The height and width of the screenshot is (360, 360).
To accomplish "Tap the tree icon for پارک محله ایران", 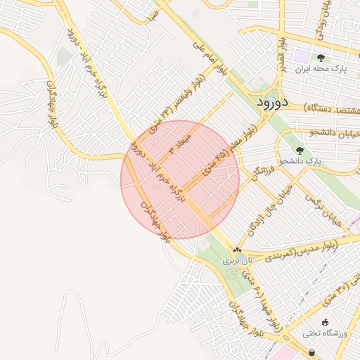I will tap(321, 58).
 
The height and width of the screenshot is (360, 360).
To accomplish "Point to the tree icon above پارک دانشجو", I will tap(300, 150).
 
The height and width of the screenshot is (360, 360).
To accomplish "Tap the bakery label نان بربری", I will tap(236, 260).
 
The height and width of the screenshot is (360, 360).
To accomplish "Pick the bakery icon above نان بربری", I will tap(236, 250).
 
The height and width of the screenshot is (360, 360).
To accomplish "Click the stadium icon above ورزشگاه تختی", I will tap(325, 322).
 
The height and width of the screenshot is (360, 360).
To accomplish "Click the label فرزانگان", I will tap(262, 169).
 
